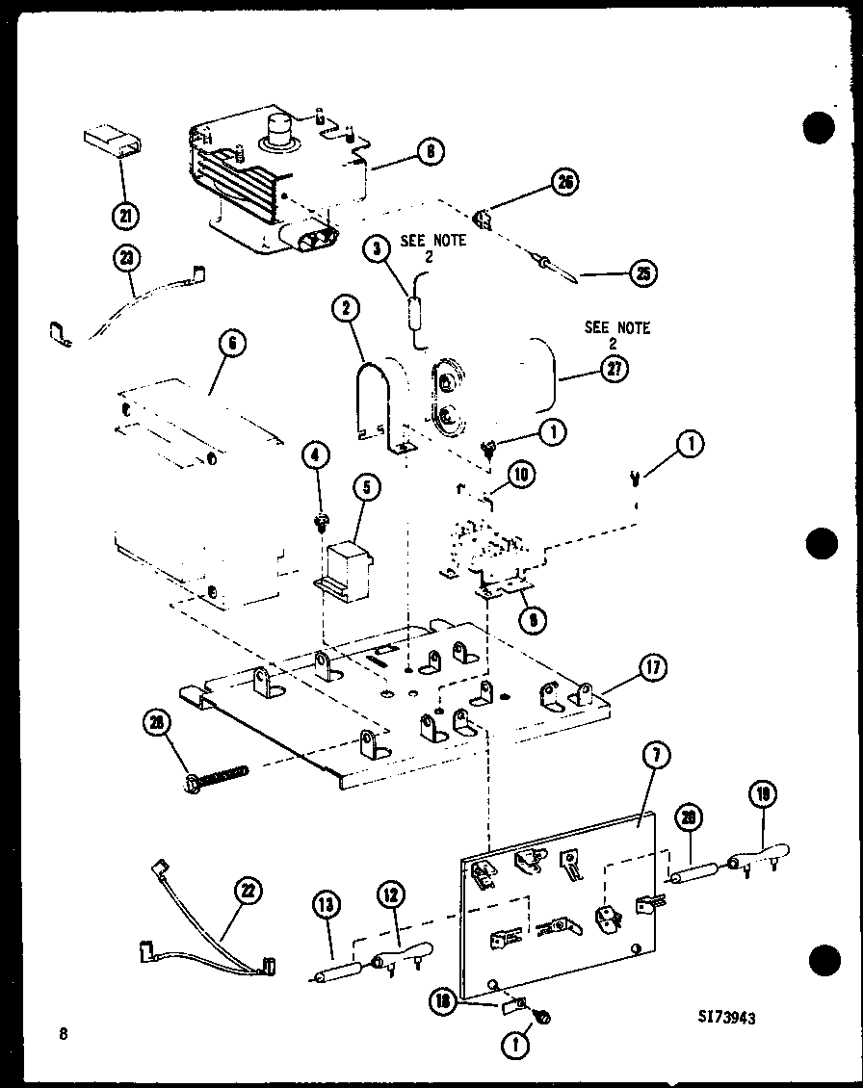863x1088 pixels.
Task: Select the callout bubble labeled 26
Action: tap(563, 182)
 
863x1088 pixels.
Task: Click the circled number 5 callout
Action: tap(365, 488)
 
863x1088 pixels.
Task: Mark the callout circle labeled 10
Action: tap(520, 475)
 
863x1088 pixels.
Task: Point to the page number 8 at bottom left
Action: tap(64, 1035)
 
